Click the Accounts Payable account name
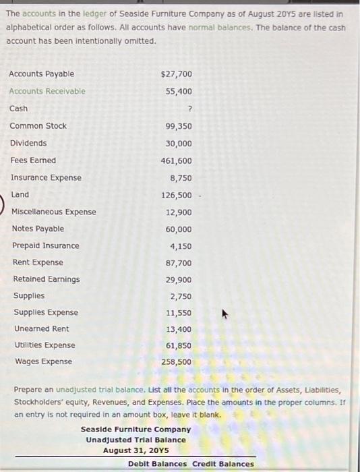click(42, 73)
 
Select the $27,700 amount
click(177, 74)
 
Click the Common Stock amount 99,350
click(179, 126)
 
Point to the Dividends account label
click(28, 143)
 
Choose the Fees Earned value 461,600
click(177, 160)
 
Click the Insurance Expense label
click(46, 178)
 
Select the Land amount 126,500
click(177, 195)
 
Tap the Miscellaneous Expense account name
click(54, 212)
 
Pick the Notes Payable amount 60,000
click(179, 229)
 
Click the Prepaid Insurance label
click(46, 246)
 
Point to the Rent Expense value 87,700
click(179, 263)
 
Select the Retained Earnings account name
click(47, 279)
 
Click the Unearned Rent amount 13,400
click(179, 329)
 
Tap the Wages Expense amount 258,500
click(177, 362)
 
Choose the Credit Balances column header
click(223, 464)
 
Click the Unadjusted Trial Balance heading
click(136, 440)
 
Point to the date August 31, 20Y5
click(136, 450)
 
